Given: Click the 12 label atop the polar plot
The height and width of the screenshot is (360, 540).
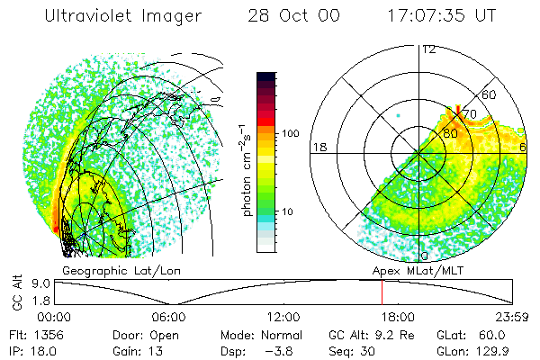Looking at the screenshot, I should [428, 49].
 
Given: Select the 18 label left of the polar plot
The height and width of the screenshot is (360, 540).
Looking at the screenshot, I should [318, 147].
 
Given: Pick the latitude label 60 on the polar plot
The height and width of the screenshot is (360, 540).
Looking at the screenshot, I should [490, 94].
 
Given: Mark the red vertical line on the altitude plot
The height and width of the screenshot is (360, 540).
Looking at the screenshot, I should [382, 292].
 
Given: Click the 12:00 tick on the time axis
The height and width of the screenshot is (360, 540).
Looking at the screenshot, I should [283, 316].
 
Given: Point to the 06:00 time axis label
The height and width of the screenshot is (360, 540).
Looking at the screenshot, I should [169, 316].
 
